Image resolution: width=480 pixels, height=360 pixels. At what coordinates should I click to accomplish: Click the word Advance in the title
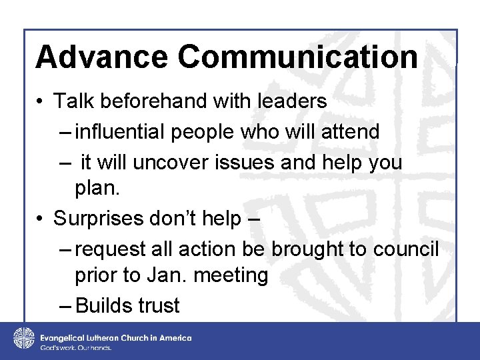coord(101,57)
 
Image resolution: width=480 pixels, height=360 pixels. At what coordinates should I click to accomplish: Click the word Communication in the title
coord(298,57)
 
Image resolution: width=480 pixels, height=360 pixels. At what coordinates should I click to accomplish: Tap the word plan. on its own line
coord(97,188)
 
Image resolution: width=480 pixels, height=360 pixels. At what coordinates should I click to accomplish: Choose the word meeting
coord(234,275)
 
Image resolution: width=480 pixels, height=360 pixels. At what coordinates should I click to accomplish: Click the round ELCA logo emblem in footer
coord(24,339)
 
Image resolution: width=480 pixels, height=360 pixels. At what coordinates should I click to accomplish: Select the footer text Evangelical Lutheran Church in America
coord(116,337)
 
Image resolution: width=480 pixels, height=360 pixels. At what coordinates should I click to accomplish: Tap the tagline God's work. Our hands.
coord(75,348)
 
